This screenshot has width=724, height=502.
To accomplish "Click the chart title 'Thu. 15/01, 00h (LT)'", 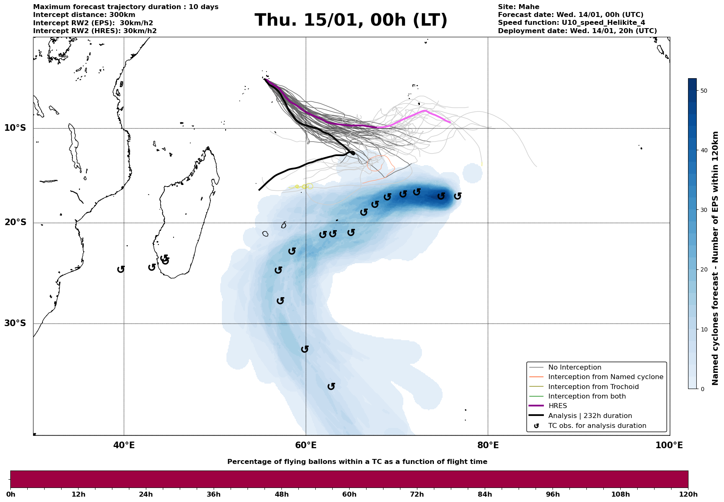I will coord(351,20).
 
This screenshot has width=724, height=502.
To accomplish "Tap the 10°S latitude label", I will coord(15,128).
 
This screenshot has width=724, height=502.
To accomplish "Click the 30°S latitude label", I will coord(15,323).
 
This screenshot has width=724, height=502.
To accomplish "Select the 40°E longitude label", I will coord(124,446).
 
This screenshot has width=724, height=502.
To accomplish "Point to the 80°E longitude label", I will coord(488,446).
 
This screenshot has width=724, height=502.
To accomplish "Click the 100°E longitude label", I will coord(669,446).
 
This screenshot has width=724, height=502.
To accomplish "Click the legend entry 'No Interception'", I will coord(574,367).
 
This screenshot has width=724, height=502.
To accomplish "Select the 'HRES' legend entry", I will coord(557,406).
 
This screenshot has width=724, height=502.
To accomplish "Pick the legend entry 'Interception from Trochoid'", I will coord(593,387).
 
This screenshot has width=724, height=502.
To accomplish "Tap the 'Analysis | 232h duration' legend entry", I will coord(590,416).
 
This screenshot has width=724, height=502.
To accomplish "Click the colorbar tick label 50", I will coord(704,91).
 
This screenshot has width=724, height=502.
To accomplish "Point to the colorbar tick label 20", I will coord(704,270).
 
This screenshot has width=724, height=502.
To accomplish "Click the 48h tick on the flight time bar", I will coord(281,495).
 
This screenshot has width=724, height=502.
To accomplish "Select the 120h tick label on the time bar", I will coord(688,495).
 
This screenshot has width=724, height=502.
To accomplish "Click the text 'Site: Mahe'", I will coord(518,7).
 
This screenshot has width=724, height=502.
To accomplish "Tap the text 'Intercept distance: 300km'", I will coord(84,15).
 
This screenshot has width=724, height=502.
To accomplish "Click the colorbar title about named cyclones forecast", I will coord(716,258).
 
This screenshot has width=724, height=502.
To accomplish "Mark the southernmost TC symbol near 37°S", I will coord(331,387).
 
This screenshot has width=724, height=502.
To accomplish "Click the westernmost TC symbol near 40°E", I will coord(121,269).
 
